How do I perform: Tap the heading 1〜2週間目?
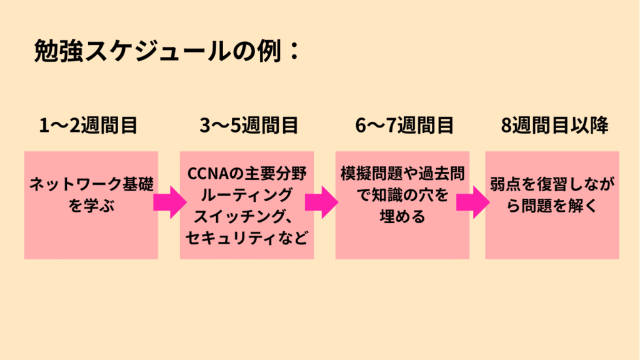click(x=88, y=126)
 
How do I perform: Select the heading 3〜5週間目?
click(x=249, y=126)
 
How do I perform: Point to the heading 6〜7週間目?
click(x=404, y=126)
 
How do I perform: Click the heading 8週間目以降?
click(x=554, y=126)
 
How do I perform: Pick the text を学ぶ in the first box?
click(x=91, y=206)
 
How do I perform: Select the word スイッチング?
click(x=243, y=216)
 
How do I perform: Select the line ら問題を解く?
click(x=552, y=206)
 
